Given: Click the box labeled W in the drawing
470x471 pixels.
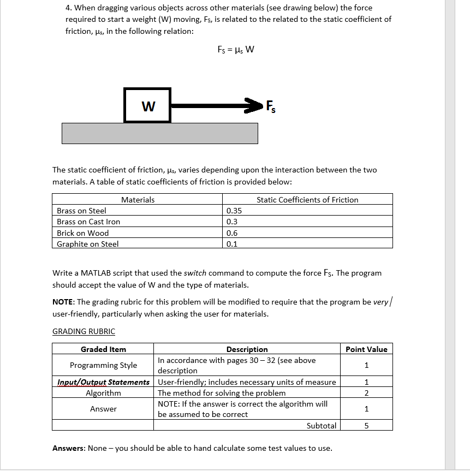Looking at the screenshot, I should click(x=147, y=105).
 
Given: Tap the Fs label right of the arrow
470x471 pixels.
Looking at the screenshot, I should click(x=270, y=106).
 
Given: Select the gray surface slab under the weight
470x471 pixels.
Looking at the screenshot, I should click(x=159, y=133).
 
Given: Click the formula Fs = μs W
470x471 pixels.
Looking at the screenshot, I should click(x=235, y=50).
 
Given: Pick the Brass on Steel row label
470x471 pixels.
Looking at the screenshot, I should click(x=81, y=211).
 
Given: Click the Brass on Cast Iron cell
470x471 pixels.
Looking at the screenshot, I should click(x=88, y=222).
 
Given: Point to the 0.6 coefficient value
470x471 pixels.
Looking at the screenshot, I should click(x=231, y=233).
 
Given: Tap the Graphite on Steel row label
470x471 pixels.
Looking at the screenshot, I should click(x=87, y=244).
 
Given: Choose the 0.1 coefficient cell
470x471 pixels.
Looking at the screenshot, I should click(x=231, y=244).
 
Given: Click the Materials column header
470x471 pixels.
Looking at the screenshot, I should click(x=138, y=200).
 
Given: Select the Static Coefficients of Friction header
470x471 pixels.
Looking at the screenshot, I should click(x=307, y=200).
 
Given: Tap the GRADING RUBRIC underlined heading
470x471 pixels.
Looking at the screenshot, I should click(x=84, y=331).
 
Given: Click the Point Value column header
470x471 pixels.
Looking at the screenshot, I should click(x=366, y=349).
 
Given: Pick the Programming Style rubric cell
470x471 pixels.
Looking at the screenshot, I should click(x=103, y=365).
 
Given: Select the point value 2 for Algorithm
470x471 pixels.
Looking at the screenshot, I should click(x=366, y=393).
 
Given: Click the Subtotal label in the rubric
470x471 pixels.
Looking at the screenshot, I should click(x=322, y=425).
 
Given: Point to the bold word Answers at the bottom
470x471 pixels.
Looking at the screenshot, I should click(x=69, y=448).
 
